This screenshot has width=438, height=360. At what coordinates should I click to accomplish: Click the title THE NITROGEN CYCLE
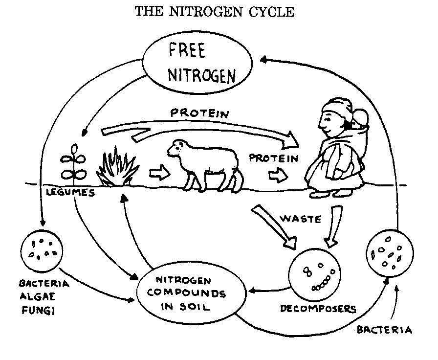click(x=215, y=12)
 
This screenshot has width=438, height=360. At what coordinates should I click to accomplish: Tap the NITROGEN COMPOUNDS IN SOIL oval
click(x=191, y=293)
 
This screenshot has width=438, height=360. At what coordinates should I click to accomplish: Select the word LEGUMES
click(x=70, y=192)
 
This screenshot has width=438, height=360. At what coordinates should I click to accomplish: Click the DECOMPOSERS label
click(x=318, y=309)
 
